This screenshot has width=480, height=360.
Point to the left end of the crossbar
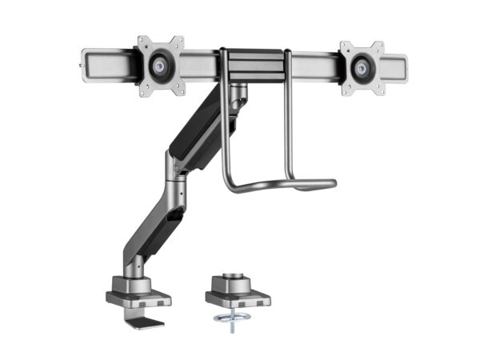point(86,59)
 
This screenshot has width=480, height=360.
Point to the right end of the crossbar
point(402,63)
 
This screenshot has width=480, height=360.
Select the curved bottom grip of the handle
point(280,186)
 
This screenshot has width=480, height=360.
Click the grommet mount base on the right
point(238,296)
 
